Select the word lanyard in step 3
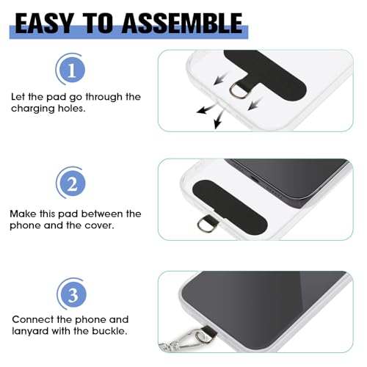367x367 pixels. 32,333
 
